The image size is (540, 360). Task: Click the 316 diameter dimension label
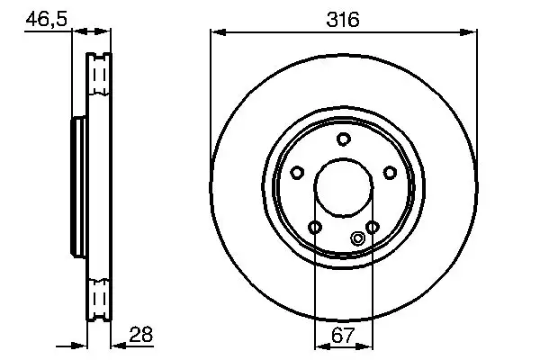coord(343,18)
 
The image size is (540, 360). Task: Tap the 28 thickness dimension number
coord(141,334)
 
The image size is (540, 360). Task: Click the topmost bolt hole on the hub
coord(343,138)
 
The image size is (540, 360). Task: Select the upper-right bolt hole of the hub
coord(390,172)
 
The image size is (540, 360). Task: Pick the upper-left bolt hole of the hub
coord(296,172)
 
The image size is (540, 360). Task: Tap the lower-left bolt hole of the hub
coord(314,227)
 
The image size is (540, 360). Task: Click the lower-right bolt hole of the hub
coord(372,227)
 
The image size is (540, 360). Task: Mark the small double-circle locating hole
coord(357,238)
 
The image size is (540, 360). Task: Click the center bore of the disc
coord(343,188)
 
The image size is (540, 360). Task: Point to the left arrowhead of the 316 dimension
coord(216,32)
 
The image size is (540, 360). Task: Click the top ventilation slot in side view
coord(98,72)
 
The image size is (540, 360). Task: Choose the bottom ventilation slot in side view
coord(98,296)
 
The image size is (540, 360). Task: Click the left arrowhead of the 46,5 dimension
coord(75,32)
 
